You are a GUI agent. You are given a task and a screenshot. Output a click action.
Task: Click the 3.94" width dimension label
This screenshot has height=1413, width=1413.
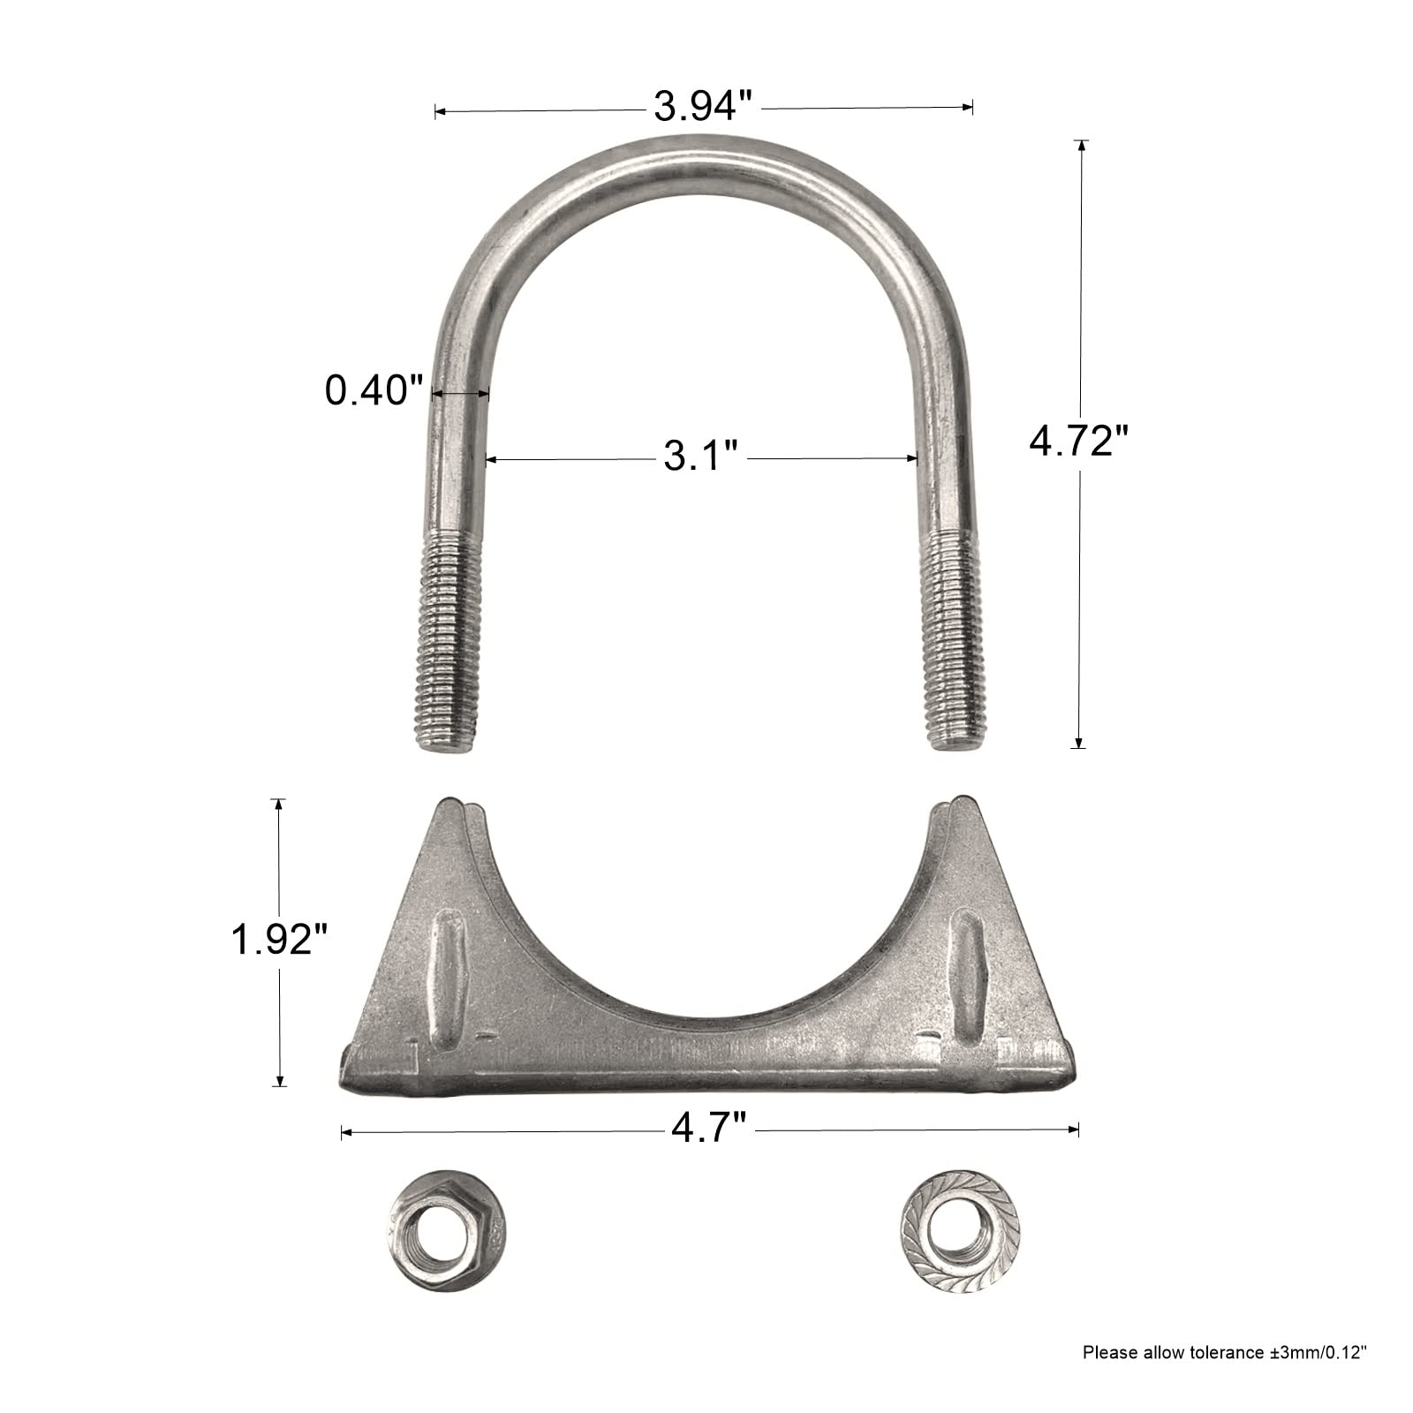pos(702,108)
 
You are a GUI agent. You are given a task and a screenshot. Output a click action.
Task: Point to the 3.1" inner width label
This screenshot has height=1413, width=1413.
pos(700,458)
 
